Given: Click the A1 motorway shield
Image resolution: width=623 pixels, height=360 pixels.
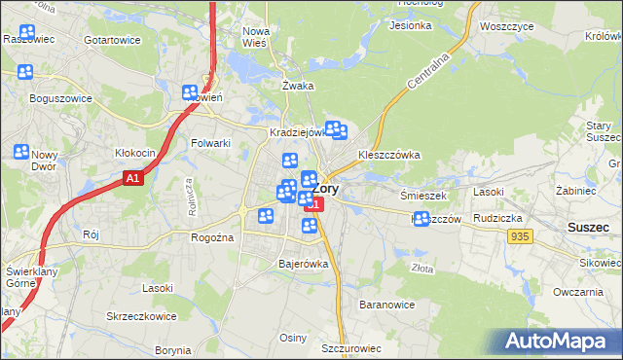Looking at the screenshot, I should pyautogui.click(x=133, y=179).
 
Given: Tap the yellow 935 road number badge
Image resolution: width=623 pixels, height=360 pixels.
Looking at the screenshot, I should pyautogui.click(x=520, y=236).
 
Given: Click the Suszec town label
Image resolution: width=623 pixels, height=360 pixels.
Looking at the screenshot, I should pyautogui.click(x=589, y=227).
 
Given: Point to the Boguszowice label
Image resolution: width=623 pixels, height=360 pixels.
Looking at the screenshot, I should pyautogui.click(x=60, y=98).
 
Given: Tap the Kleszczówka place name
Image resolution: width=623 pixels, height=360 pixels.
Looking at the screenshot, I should pyautogui.click(x=388, y=155).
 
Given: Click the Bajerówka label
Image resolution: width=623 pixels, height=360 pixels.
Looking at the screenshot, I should pyautogui.click(x=304, y=264).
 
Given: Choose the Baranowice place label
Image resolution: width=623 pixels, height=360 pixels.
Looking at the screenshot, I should pyautogui.click(x=387, y=305).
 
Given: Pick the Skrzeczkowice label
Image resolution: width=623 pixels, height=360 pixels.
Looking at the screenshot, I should pyautogui.click(x=140, y=317).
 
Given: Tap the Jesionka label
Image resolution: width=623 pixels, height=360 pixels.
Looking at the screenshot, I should pyautogui.click(x=410, y=25).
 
